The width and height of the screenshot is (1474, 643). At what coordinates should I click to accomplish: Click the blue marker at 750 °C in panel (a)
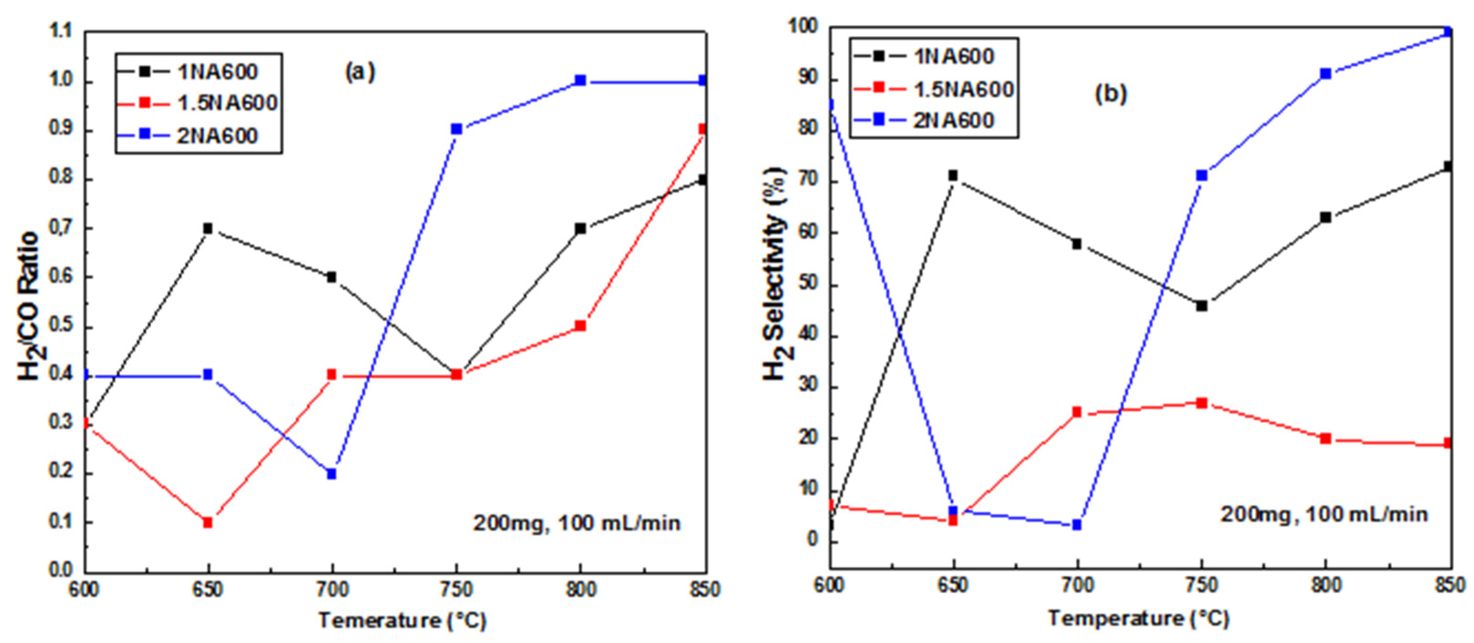click(x=456, y=129)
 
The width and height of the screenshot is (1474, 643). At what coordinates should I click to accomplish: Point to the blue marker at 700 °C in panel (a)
click(x=332, y=474)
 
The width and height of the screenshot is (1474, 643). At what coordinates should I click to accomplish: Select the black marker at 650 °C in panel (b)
click(x=953, y=175)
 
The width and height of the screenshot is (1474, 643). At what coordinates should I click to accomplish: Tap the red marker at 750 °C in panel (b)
click(x=1202, y=403)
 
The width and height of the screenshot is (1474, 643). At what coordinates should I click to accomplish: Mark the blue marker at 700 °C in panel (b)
click(x=1076, y=525)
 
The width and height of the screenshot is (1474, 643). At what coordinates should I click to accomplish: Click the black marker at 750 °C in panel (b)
click(x=1202, y=306)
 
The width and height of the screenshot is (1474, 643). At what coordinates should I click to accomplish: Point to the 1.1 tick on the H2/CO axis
click(x=62, y=32)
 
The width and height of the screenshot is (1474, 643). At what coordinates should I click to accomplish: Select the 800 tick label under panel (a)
click(x=580, y=589)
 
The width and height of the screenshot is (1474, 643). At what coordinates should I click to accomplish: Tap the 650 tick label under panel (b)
click(x=953, y=585)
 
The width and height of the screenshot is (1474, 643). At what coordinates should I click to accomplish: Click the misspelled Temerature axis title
click(x=402, y=620)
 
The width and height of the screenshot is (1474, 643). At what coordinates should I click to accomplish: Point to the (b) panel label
click(x=1110, y=93)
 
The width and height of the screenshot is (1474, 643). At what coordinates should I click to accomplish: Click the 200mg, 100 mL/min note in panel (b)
click(x=1324, y=514)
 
